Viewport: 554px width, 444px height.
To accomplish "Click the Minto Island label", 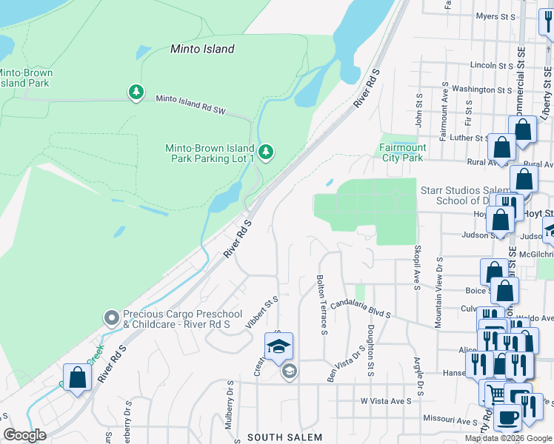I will pyautogui.click(x=202, y=50).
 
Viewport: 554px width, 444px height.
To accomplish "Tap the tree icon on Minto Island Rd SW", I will pyautogui.click(x=136, y=92).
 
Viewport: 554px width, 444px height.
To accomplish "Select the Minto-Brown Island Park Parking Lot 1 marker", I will pyautogui.click(x=266, y=152).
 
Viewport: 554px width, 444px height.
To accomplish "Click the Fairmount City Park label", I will pyautogui.click(x=402, y=152).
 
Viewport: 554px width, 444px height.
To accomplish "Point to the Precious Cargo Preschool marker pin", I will pyautogui.click(x=112, y=318).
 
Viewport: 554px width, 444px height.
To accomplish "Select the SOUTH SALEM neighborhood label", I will pyautogui.click(x=285, y=437).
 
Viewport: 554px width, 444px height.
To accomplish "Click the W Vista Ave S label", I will pyautogui.click(x=386, y=401).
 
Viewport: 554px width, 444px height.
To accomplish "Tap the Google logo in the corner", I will pyautogui.click(x=24, y=435).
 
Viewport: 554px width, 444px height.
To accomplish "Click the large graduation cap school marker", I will pyautogui.click(x=279, y=346).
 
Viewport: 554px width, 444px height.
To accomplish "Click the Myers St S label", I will pyautogui.click(x=495, y=16).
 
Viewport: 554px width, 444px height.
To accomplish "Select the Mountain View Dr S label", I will pyautogui.click(x=439, y=292).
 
